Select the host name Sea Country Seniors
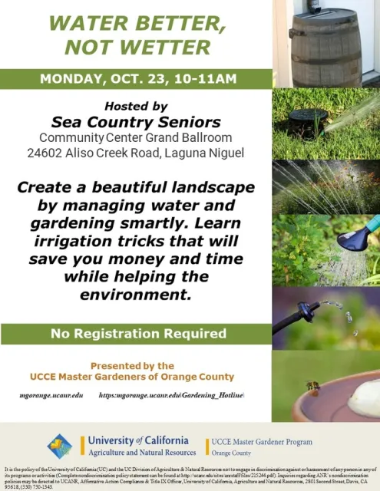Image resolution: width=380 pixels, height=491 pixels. click(136, 122)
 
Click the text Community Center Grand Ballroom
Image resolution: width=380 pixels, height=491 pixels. click(136, 137)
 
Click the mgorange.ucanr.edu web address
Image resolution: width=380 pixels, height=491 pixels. click(51, 394)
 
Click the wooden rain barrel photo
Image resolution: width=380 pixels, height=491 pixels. click(325, 42)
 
